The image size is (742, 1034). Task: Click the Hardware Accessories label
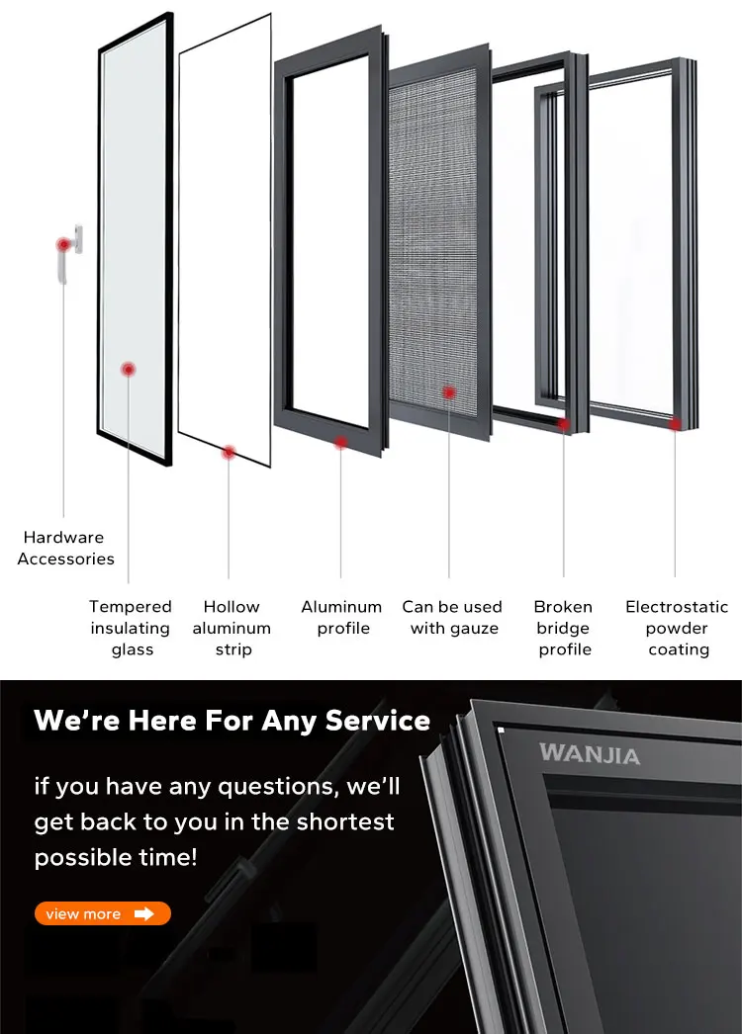click(x=65, y=548)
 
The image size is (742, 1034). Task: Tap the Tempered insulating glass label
click(x=131, y=628)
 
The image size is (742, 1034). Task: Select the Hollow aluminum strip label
click(x=232, y=628)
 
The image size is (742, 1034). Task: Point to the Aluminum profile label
click(x=341, y=617)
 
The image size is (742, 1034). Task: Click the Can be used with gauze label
click(x=452, y=617)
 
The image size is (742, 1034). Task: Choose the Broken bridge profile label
click(x=564, y=628)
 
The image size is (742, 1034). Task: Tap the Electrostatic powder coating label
click(x=677, y=628)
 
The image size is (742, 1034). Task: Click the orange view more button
click(x=103, y=913)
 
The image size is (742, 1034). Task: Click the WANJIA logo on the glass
click(x=590, y=755)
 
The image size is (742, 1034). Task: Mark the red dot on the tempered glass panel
click(x=128, y=370)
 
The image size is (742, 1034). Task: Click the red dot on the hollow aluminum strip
click(x=229, y=452)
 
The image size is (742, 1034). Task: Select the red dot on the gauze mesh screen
click(x=448, y=392)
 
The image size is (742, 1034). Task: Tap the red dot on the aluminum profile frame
click(x=341, y=442)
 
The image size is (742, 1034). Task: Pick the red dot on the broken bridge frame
click(x=564, y=424)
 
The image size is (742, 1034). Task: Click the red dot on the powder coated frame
click(x=676, y=424)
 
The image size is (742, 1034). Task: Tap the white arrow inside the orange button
click(x=144, y=913)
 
